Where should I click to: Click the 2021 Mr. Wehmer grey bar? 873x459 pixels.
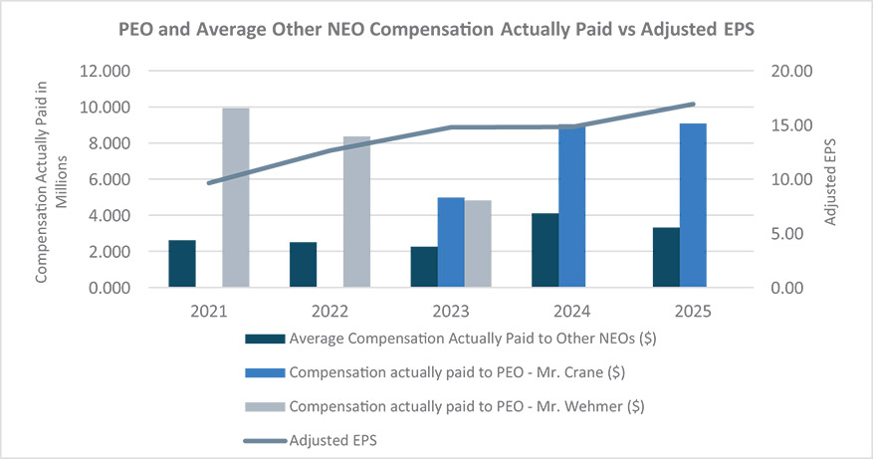(x=236, y=198)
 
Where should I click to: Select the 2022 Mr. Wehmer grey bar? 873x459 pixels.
(x=357, y=212)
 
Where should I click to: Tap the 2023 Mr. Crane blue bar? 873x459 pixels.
(x=451, y=242)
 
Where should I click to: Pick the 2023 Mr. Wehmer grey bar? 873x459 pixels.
(x=478, y=243)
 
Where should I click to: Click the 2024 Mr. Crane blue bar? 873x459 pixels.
(x=571, y=205)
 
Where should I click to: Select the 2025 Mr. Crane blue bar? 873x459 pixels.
(x=693, y=205)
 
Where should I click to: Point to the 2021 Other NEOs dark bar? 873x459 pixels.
(x=182, y=264)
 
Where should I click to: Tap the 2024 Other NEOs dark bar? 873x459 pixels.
(x=546, y=250)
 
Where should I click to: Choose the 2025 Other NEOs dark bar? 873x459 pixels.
(x=666, y=257)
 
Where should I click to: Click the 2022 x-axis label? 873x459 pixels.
(x=330, y=311)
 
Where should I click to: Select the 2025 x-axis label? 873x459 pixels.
(x=693, y=311)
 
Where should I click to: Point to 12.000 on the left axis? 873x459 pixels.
(x=105, y=72)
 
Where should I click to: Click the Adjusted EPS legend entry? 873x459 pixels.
(x=311, y=441)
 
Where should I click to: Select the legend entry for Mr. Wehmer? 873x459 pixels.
(x=445, y=406)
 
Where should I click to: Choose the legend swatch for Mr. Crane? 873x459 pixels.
(x=265, y=372)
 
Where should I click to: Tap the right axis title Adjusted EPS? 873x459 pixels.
(x=830, y=182)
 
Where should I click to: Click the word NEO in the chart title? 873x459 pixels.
(x=345, y=30)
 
